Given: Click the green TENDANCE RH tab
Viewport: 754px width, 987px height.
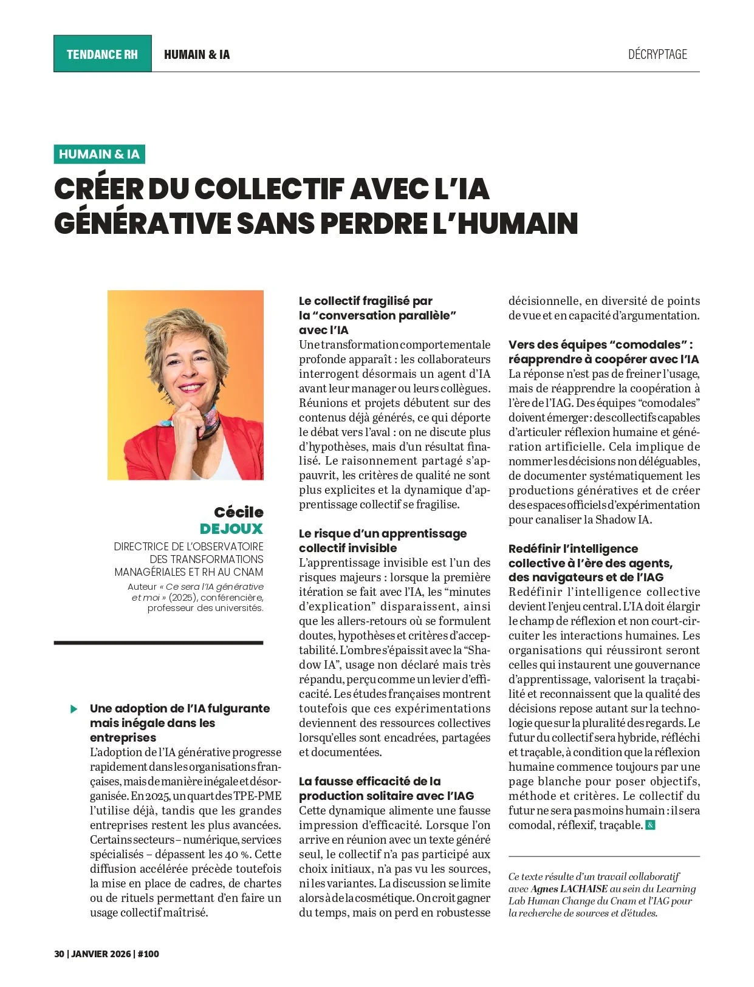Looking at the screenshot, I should (x=102, y=54).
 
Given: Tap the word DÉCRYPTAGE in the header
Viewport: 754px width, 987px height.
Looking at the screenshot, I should (x=657, y=55).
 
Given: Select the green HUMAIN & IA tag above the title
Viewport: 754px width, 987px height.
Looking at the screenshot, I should (x=100, y=154).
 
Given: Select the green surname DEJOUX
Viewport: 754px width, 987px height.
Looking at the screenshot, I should (x=231, y=528).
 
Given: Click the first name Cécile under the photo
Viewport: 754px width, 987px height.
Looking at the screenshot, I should (x=238, y=512).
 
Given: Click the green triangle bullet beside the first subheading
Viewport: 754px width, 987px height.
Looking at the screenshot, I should (x=74, y=709).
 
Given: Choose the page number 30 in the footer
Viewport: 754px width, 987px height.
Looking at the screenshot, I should (x=59, y=954).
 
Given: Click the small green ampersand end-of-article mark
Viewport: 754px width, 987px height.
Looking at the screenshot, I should (x=650, y=825).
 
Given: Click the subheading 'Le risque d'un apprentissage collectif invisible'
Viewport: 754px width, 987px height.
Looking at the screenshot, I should (x=383, y=541).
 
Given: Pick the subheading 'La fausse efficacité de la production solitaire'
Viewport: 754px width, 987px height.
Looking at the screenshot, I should (x=386, y=788).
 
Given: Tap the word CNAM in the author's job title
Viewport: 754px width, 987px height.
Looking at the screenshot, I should (x=249, y=572).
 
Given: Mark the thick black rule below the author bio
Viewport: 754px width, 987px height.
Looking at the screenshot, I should (x=159, y=642).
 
